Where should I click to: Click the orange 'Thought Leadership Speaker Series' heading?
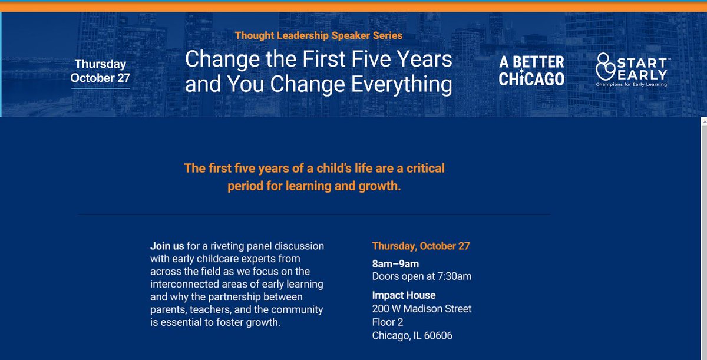319,35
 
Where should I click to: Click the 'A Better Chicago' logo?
531,70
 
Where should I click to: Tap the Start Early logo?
631,70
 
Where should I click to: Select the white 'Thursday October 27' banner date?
100,71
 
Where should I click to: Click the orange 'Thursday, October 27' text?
421,246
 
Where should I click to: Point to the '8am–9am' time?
395,264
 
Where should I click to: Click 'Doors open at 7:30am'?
421,276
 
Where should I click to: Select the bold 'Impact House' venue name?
404,295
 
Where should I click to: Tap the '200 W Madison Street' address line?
421,309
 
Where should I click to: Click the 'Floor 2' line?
388,322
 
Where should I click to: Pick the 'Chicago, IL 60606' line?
412,336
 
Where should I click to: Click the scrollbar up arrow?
702,122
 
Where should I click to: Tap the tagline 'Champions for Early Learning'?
631,84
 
